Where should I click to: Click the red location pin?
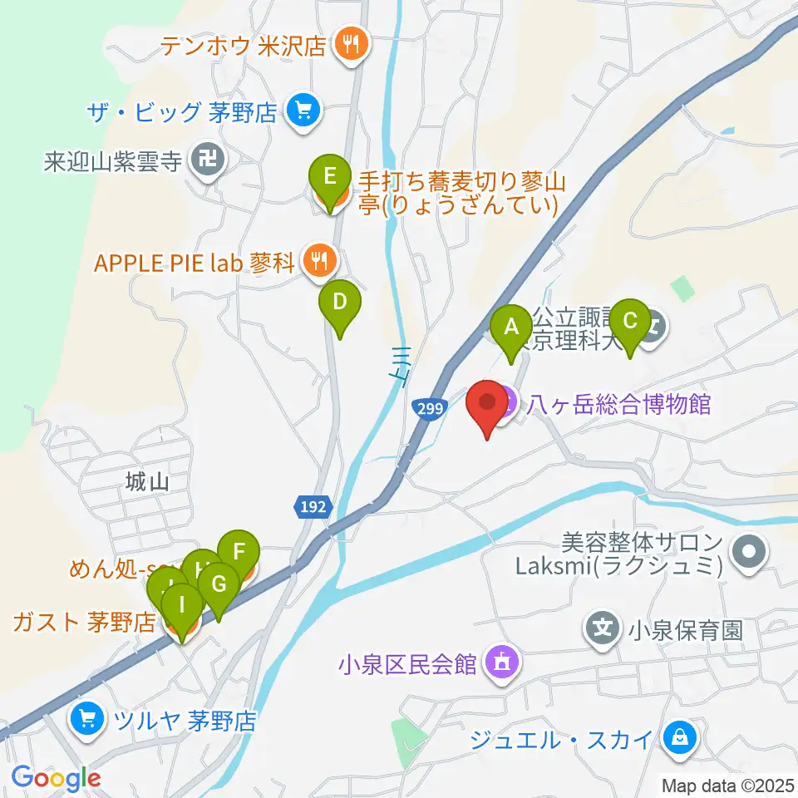point(487,406)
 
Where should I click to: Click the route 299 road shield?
point(426,406)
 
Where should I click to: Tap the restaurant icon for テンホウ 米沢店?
point(347,45)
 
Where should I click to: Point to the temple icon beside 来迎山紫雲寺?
point(204,160)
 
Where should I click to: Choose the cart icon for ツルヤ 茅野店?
point(87,717)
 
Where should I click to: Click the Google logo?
point(56,778)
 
